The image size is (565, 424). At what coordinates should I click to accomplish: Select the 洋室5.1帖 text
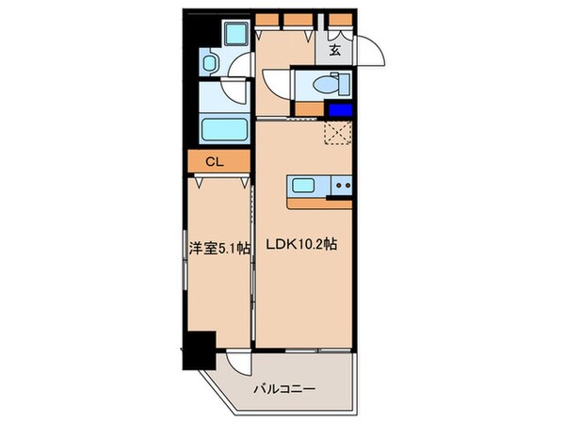tap(219, 249)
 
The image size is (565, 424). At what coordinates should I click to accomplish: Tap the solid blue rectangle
tap(340, 110)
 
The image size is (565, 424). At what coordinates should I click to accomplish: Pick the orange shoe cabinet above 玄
tap(336, 20)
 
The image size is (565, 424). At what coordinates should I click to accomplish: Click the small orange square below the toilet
tap(304, 109)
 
